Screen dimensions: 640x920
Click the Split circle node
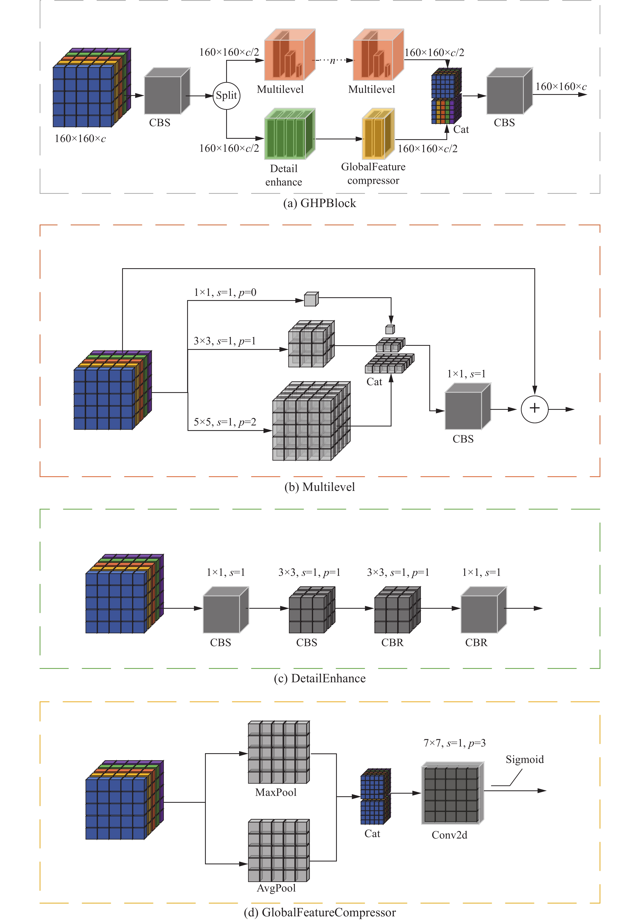pyautogui.click(x=226, y=95)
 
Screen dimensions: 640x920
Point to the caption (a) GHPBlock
pyautogui.click(x=319, y=203)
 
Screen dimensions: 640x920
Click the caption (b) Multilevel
pyautogui.click(x=319, y=487)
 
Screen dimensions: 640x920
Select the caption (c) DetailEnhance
pyautogui.click(x=319, y=678)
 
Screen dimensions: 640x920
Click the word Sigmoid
pyautogui.click(x=525, y=759)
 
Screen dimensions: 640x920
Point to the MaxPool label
pyautogui.click(x=276, y=792)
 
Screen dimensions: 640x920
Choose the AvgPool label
pyautogui.click(x=276, y=888)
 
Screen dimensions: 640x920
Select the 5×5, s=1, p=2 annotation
pyautogui.click(x=225, y=422)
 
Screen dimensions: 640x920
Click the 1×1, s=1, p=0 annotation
pyautogui.click(x=225, y=293)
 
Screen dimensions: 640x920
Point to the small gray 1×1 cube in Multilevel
pyautogui.click(x=311, y=299)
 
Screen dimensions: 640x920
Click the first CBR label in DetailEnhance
pyautogui.click(x=392, y=642)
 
